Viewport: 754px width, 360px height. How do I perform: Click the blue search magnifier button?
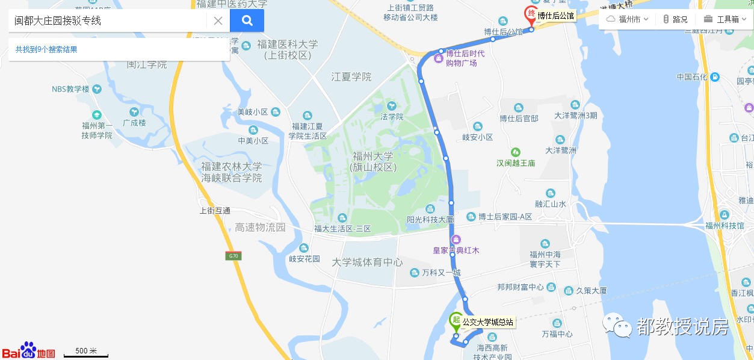[247, 20]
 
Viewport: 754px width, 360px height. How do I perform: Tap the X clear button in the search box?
[218, 21]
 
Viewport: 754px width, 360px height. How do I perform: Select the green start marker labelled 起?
[456, 320]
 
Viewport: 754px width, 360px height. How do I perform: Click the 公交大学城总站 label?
[487, 322]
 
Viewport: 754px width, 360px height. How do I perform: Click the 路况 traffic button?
[675, 19]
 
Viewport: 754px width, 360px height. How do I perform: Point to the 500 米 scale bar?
[85, 352]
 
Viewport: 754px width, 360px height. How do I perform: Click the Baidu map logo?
[28, 351]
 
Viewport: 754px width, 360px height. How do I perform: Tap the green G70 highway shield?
[233, 256]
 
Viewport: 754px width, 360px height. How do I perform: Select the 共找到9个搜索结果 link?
[46, 49]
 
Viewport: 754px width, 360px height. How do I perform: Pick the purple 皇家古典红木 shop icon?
[456, 239]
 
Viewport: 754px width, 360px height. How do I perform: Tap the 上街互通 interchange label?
[215, 211]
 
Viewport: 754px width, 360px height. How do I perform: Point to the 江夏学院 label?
[351, 77]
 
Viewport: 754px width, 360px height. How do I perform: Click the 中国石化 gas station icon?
[714, 77]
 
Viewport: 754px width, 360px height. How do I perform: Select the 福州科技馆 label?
[725, 226]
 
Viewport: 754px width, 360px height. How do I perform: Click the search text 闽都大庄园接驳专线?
[58, 21]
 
